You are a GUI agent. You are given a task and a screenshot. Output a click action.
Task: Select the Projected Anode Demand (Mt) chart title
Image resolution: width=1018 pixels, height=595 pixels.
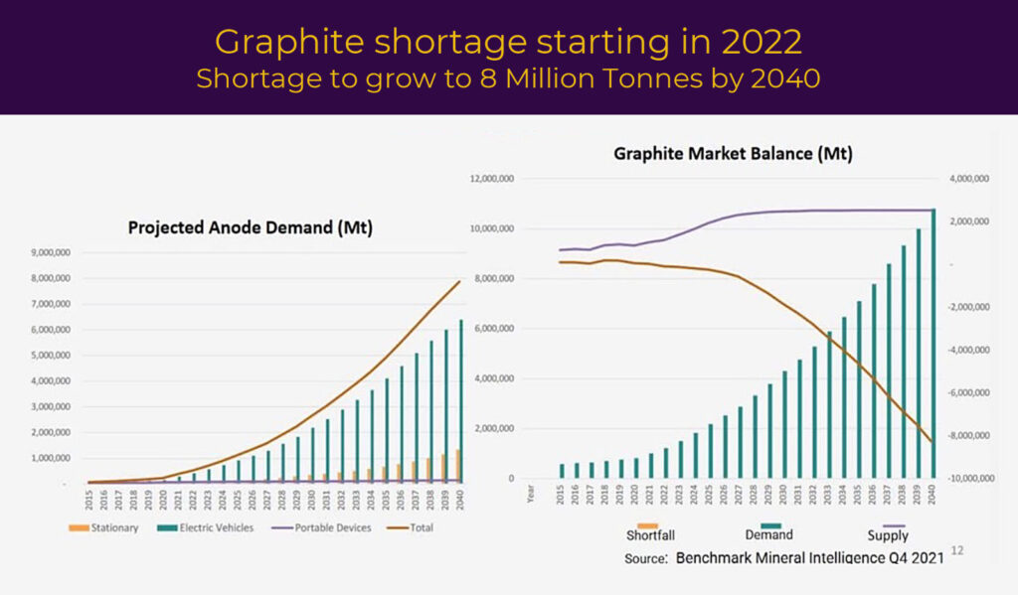click(x=250, y=227)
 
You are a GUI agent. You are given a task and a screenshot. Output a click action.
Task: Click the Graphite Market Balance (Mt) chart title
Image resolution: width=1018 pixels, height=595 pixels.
click(x=733, y=154)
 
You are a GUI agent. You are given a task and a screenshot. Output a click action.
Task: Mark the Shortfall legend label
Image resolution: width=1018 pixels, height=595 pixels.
click(x=651, y=534)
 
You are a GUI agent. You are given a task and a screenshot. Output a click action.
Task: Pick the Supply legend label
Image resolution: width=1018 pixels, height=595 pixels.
click(x=889, y=534)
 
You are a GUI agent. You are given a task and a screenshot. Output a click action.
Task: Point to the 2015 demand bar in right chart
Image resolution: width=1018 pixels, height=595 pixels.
click(x=562, y=471)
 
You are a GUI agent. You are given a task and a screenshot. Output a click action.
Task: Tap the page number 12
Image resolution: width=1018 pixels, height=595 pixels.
click(x=956, y=550)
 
